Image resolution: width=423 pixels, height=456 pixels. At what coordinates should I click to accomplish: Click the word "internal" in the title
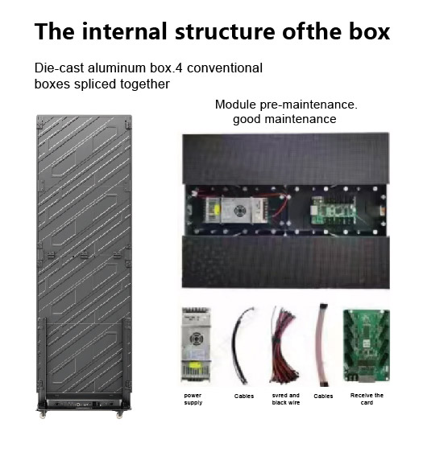pyautogui.click(x=124, y=31)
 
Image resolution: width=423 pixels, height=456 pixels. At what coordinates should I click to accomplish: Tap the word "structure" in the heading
pyautogui.click(x=225, y=31)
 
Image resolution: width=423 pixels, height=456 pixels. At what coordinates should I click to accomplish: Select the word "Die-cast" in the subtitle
pyautogui.click(x=59, y=68)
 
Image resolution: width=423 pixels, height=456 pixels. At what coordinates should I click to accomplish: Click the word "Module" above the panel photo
pyautogui.click(x=235, y=105)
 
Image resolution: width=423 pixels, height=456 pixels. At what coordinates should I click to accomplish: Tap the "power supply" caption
pyautogui.click(x=193, y=399)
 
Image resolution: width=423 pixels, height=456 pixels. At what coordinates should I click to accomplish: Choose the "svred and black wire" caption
pyautogui.click(x=286, y=399)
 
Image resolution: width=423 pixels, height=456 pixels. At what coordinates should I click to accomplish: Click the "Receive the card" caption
pyautogui.click(x=367, y=399)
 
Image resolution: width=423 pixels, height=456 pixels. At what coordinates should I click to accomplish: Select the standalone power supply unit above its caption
pyautogui.click(x=196, y=345)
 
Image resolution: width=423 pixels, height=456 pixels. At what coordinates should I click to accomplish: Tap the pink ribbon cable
pyautogui.click(x=322, y=345)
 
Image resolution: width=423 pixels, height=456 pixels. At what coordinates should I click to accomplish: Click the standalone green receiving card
pyautogui.click(x=367, y=346)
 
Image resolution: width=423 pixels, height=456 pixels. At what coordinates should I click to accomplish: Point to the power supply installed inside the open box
pyautogui.click(x=237, y=210)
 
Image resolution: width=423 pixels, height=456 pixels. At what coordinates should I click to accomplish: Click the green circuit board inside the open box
pyautogui.click(x=334, y=210)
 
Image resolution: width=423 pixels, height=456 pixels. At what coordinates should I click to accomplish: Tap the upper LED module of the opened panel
pyautogui.click(x=286, y=158)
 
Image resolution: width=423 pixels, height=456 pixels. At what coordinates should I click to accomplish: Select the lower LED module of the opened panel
pyautogui.click(x=286, y=261)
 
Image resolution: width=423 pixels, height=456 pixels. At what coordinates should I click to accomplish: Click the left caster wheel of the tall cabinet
pyautogui.click(x=43, y=415)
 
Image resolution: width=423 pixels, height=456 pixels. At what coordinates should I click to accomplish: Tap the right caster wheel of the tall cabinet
pyautogui.click(x=119, y=415)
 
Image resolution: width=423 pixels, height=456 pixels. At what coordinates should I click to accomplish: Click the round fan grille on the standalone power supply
pyautogui.click(x=196, y=339)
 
